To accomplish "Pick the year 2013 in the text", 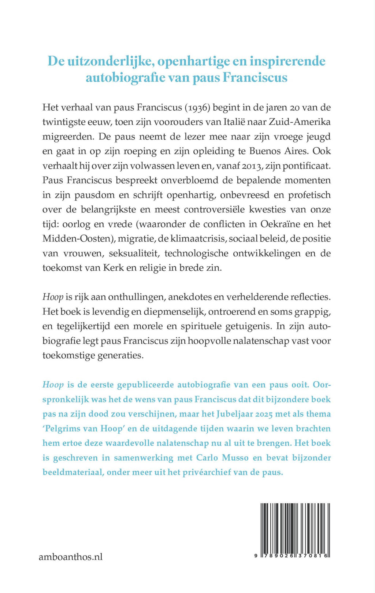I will [x=253, y=166].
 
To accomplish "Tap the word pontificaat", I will [x=305, y=166].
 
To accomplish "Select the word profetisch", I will [x=309, y=195].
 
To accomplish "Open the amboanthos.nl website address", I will [x=71, y=557].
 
